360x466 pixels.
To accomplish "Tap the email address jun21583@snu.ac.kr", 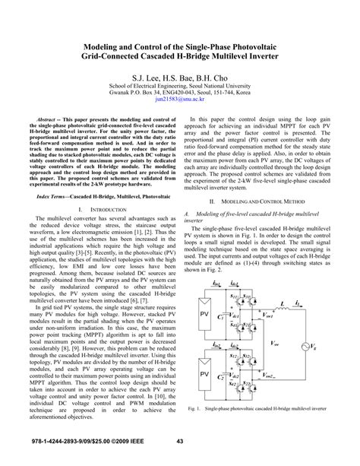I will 179,99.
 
